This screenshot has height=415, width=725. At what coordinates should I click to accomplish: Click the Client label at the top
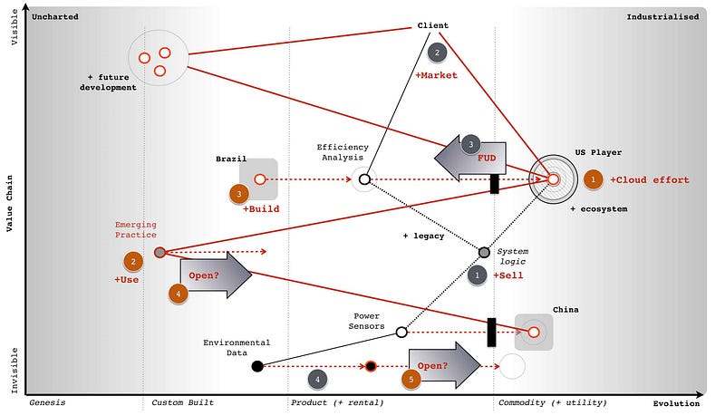pyautogui.click(x=432, y=25)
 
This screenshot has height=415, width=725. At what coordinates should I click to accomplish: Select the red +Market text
pyautogui.click(x=436, y=75)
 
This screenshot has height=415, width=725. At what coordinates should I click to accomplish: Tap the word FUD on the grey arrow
pyautogui.click(x=487, y=157)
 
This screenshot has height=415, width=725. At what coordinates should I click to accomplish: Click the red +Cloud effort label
pyautogui.click(x=649, y=179)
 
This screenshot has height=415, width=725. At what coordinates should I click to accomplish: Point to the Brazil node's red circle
pyautogui.click(x=259, y=179)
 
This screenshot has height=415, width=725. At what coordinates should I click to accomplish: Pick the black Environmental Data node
pyautogui.click(x=257, y=366)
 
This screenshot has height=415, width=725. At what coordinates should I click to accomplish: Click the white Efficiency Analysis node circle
pyautogui.click(x=363, y=179)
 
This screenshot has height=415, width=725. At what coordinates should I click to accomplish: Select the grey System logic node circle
pyautogui.click(x=484, y=252)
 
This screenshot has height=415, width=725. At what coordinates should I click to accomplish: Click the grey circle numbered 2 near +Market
pyautogui.click(x=437, y=53)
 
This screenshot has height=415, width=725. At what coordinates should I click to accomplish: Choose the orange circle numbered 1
pyautogui.click(x=593, y=179)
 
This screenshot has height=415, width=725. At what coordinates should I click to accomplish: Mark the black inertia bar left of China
pyautogui.click(x=491, y=333)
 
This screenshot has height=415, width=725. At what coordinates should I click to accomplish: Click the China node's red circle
pyautogui.click(x=534, y=333)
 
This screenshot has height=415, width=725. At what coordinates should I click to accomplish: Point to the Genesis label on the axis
pyautogui.click(x=47, y=401)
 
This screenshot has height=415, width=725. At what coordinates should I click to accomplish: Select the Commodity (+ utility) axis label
pyautogui.click(x=541, y=401)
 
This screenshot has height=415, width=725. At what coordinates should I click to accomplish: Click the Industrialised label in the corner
pyautogui.click(x=662, y=16)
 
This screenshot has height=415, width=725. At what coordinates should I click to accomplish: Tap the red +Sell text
pyautogui.click(x=507, y=275)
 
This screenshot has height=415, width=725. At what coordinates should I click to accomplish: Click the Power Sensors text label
pyautogui.click(x=369, y=321)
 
